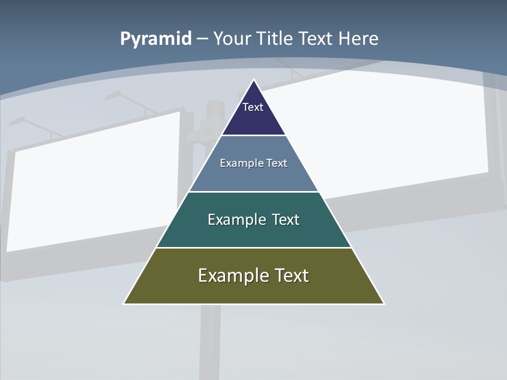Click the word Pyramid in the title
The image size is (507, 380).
pos(155,39)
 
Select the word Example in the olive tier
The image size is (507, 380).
pos(233,275)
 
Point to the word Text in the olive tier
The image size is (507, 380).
pos(291,275)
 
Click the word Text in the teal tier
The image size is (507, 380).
pos(286,220)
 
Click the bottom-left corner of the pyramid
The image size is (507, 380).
pos(124,303)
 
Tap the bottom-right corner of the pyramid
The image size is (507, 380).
pos(383,303)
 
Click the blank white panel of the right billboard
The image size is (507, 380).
pos(401,132)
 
